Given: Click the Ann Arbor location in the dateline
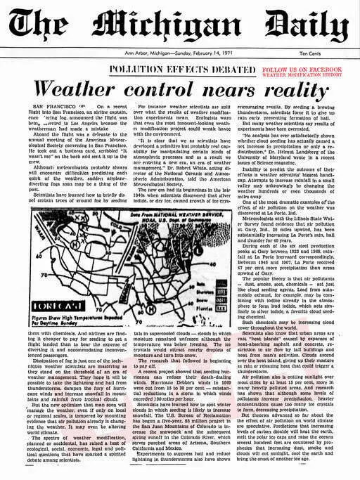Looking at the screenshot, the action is click(x=138, y=53).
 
